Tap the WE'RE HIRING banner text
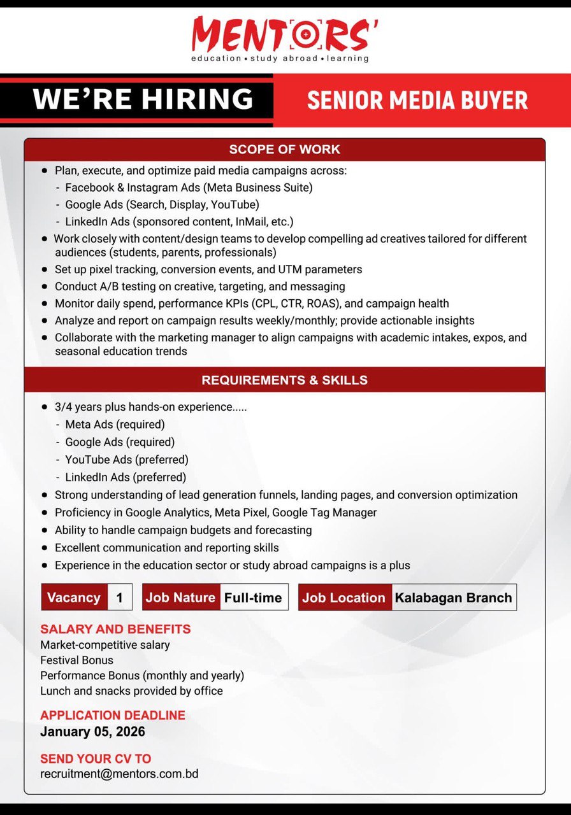143,99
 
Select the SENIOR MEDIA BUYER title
417,101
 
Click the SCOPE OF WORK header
285,150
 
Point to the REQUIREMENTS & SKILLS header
285,380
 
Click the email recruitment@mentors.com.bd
119,774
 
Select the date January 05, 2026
92,732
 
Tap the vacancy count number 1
119,598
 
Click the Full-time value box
253,598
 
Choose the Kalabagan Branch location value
453,598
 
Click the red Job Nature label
181,598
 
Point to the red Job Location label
344,598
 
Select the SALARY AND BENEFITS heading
115,629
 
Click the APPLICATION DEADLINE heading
113,715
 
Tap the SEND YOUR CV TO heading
96,758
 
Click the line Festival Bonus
76,660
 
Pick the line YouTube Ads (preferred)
127,460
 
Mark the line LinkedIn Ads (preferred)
126,477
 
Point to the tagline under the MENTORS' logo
280,59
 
